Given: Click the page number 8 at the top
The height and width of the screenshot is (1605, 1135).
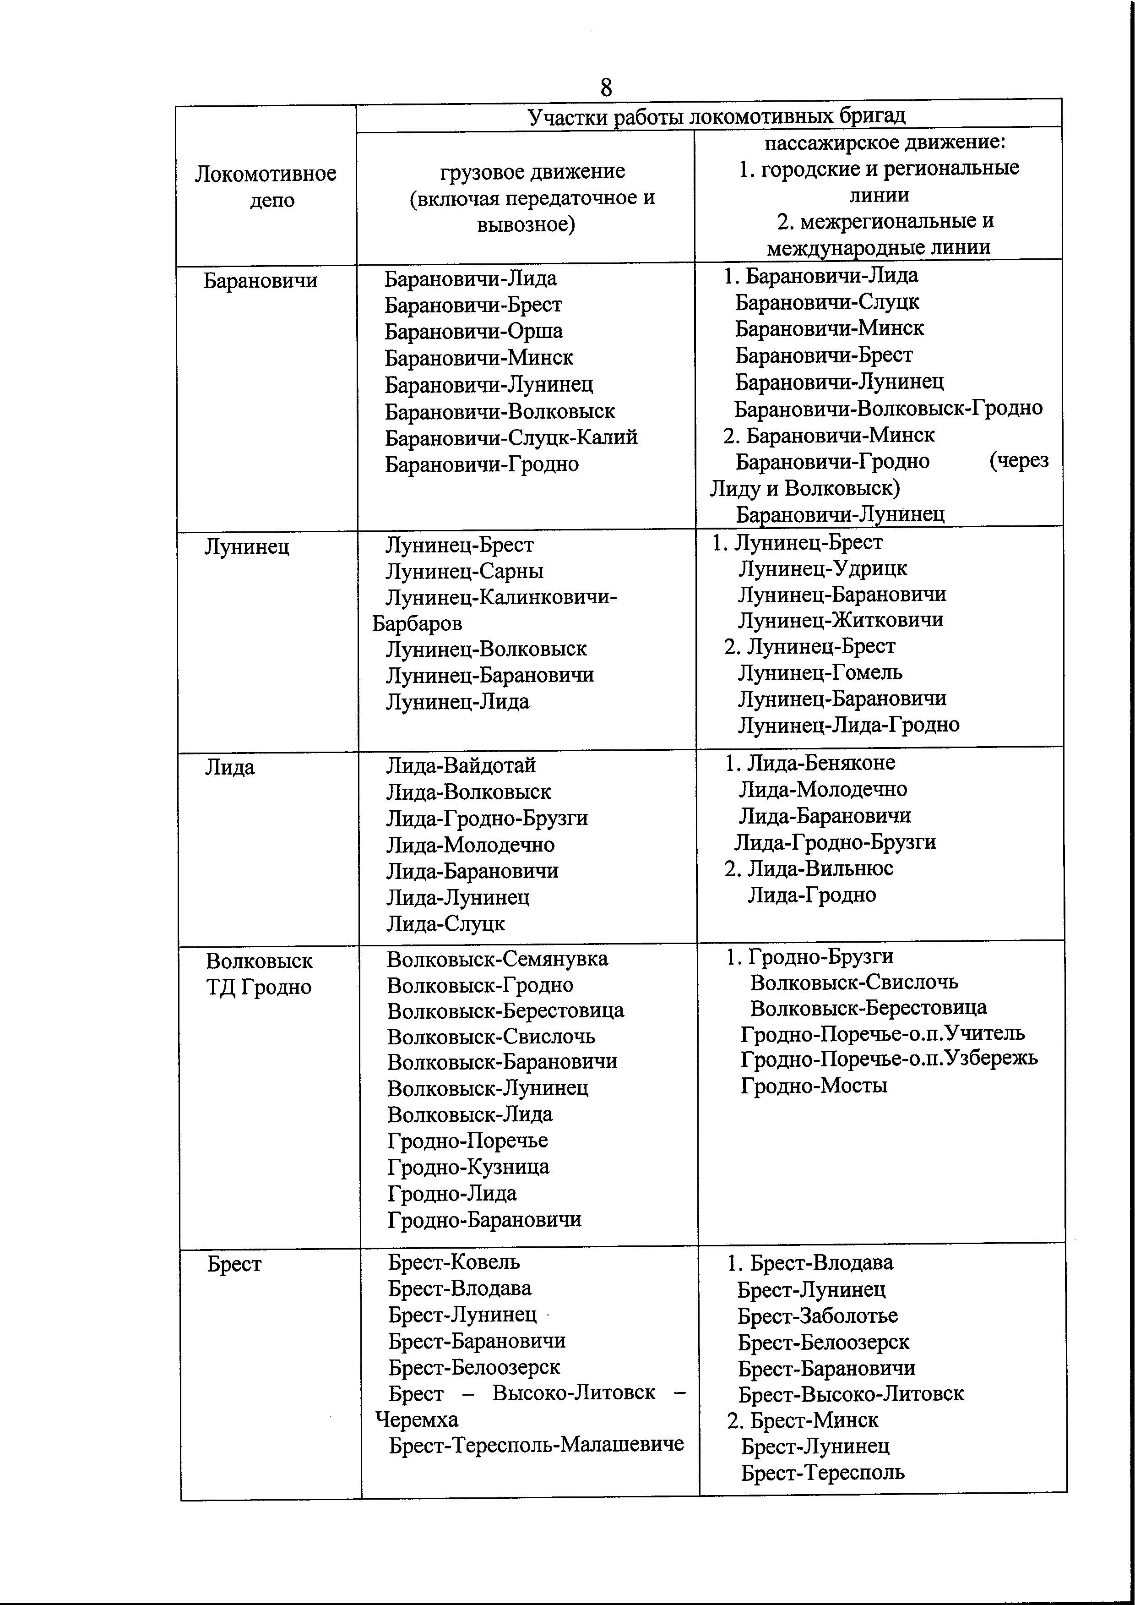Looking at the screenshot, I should (605, 88).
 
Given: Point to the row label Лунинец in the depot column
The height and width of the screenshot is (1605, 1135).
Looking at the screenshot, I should (247, 546).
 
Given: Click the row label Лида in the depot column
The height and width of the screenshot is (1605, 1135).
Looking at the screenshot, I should (229, 768).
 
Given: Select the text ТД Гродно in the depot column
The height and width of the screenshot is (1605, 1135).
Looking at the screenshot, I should (259, 987).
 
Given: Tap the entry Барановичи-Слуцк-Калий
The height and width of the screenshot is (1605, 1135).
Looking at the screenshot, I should (511, 437).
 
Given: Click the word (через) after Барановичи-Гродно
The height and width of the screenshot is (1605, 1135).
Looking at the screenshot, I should (1019, 461).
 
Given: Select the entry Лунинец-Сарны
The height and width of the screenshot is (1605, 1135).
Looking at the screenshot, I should (465, 572).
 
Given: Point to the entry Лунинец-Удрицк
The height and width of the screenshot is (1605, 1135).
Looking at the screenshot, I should (823, 568).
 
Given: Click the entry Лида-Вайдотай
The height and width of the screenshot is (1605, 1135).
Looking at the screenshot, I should (461, 765).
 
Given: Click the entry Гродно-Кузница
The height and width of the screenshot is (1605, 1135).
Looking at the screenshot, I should (468, 1167).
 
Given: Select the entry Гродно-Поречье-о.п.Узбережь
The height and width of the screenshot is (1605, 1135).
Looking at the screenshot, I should (889, 1059).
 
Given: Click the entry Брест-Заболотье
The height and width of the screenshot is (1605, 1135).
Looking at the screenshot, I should (818, 1316).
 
